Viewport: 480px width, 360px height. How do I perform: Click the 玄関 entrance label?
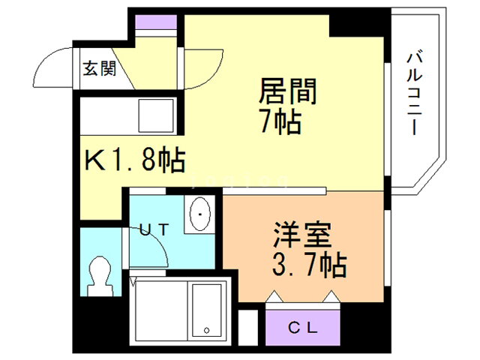point(100,68)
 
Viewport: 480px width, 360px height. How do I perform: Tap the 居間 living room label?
point(288,91)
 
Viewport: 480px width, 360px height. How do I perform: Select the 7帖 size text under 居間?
point(281,121)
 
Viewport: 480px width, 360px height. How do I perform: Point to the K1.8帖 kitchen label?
point(135,160)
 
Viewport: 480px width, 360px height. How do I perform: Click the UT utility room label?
point(154,229)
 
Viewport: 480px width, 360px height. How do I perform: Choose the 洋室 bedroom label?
point(302,234)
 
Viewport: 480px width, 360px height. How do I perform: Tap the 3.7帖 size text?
point(309,265)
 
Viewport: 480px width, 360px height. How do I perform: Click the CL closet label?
point(302,328)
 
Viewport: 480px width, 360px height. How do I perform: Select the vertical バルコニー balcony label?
point(415,94)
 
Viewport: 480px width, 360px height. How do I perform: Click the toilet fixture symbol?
point(99,276)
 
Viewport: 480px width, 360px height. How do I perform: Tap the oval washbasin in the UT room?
point(200,214)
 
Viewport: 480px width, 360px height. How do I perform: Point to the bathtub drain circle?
point(207,331)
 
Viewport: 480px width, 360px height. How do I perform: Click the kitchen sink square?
point(156,115)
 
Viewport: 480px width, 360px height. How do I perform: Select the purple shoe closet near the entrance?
point(156,22)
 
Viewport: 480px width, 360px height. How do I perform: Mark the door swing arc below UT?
point(159,241)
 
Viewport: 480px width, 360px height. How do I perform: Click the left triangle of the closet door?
point(273,296)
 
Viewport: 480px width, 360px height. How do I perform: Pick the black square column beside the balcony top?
point(357,25)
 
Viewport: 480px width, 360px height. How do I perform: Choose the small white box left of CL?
point(248,327)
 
